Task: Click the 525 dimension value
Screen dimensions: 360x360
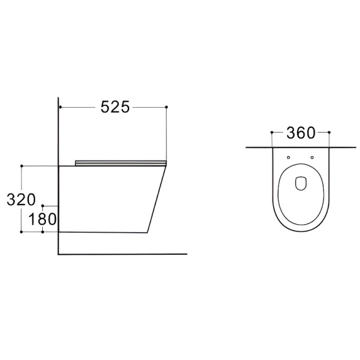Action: [115, 107]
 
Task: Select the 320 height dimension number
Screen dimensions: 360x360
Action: [21, 200]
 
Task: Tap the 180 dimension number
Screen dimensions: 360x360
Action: [42, 219]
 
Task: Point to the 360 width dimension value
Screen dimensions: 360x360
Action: [301, 133]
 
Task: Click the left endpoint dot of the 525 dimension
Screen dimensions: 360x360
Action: [61, 107]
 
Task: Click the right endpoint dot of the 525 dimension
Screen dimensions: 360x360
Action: [167, 107]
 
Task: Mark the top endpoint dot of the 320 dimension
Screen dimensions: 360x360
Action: [21, 166]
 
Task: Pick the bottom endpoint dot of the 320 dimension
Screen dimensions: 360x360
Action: [21, 232]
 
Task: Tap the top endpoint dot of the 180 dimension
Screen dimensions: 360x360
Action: [43, 206]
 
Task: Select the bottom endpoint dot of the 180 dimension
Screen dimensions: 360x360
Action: [43, 232]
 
